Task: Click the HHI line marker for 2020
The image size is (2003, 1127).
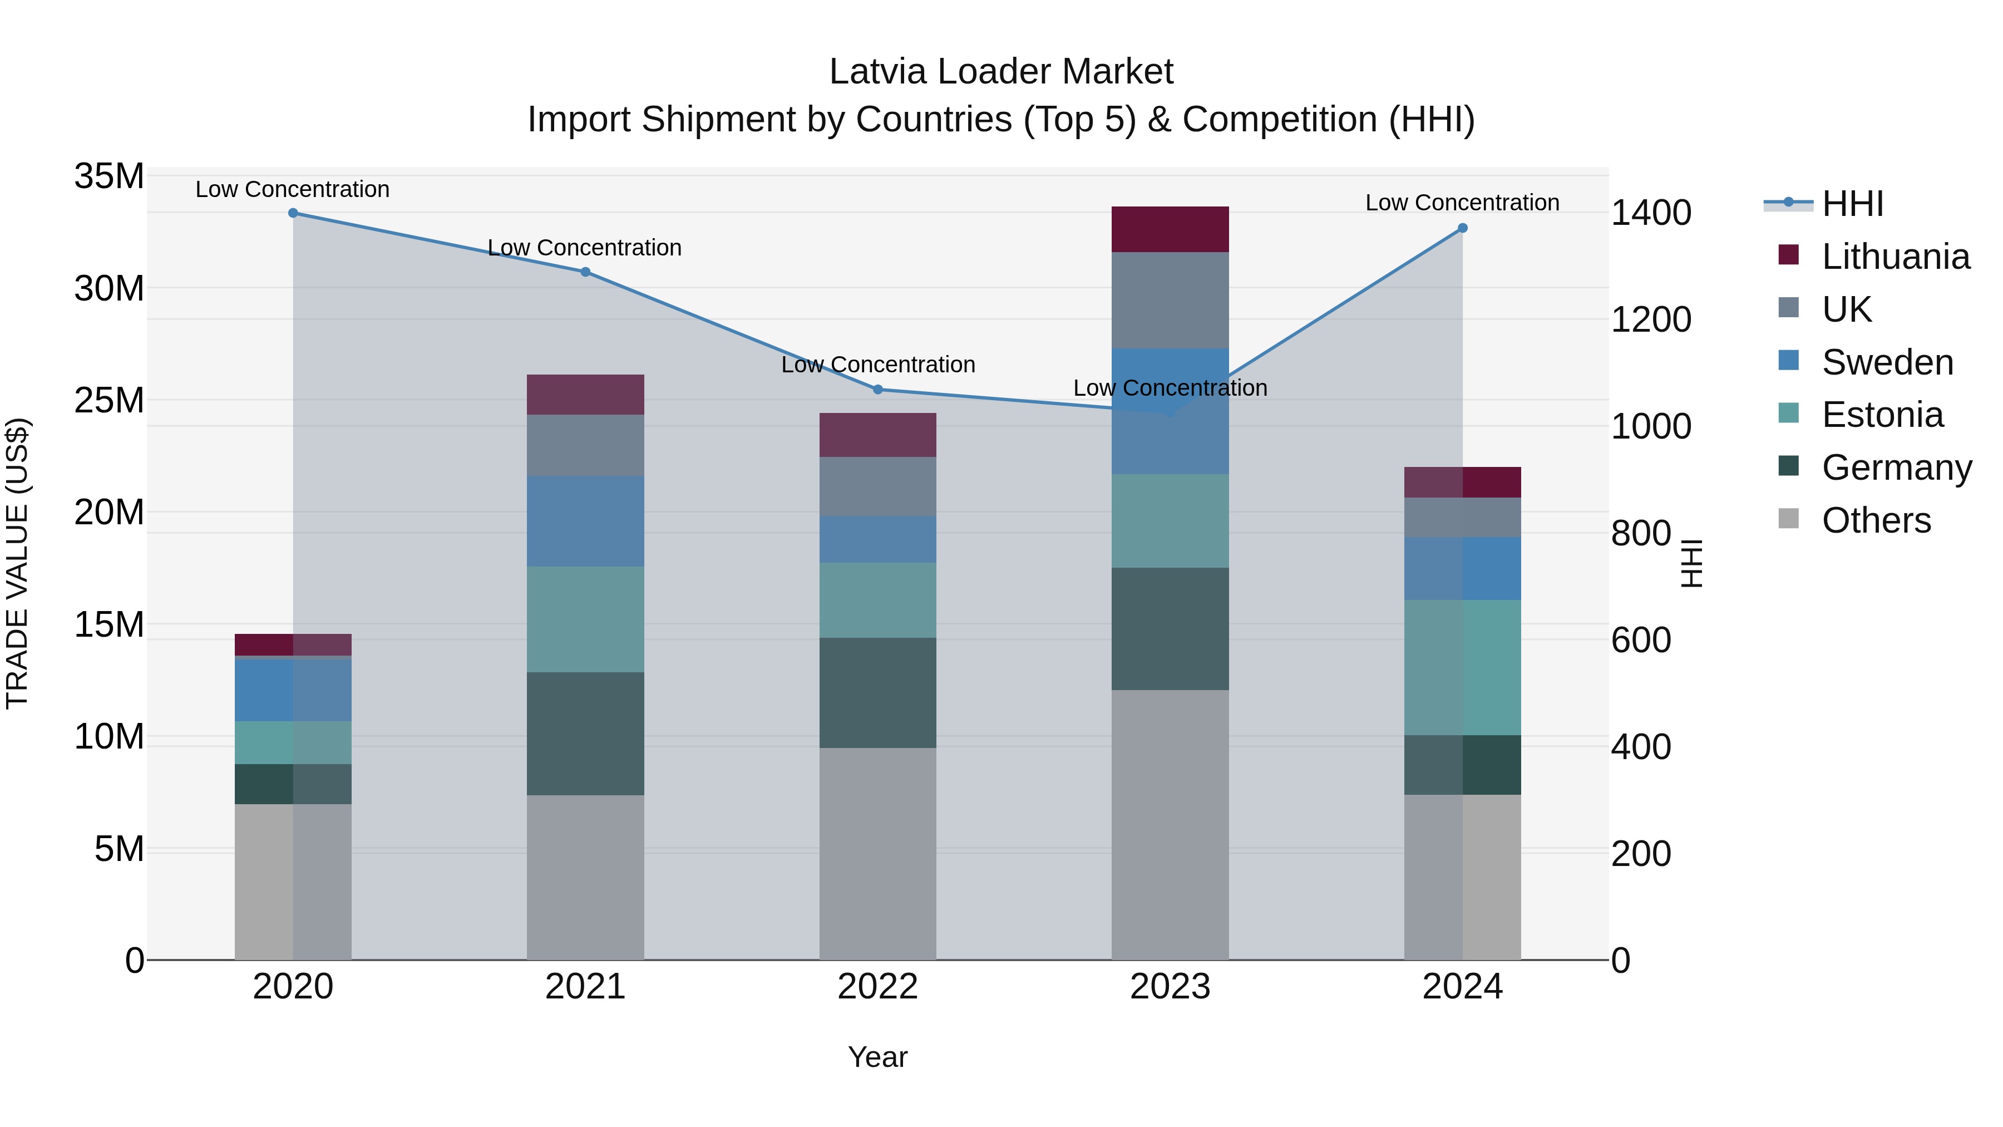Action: click(x=293, y=213)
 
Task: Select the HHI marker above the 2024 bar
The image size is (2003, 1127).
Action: click(x=1463, y=228)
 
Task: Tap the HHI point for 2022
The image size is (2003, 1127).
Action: click(x=878, y=390)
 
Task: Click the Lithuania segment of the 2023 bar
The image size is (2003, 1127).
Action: click(x=1170, y=229)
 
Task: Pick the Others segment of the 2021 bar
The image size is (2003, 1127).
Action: click(x=585, y=877)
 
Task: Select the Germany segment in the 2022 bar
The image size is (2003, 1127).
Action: click(x=878, y=693)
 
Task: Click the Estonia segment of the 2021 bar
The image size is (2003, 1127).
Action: click(x=585, y=619)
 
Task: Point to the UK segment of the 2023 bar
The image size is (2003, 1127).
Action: click(x=1170, y=300)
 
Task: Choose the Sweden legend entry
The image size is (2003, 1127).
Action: click(x=1887, y=362)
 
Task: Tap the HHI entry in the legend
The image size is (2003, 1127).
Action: click(x=1852, y=204)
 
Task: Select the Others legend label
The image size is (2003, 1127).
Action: click(x=1876, y=520)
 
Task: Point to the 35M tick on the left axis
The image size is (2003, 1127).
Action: click(x=109, y=176)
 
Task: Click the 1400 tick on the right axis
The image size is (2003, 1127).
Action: click(x=1651, y=213)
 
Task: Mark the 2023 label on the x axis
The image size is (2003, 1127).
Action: click(x=1170, y=987)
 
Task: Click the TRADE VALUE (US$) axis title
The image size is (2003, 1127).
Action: click(x=17, y=563)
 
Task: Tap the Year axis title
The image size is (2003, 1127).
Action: click(x=878, y=1057)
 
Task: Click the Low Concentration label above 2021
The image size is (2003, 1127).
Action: click(x=585, y=248)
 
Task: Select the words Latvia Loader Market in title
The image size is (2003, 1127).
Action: click(x=1001, y=72)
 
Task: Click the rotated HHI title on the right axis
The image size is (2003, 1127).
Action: click(x=1692, y=563)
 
